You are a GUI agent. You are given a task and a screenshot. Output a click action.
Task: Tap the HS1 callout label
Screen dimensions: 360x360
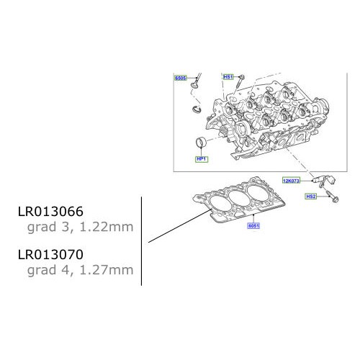click(228, 76)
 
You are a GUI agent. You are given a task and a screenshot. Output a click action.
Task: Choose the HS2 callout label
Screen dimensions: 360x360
click(311, 197)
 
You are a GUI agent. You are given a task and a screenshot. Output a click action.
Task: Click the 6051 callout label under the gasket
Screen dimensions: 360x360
click(253, 225)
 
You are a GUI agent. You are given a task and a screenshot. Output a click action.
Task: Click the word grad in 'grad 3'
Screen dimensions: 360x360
click(39, 228)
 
